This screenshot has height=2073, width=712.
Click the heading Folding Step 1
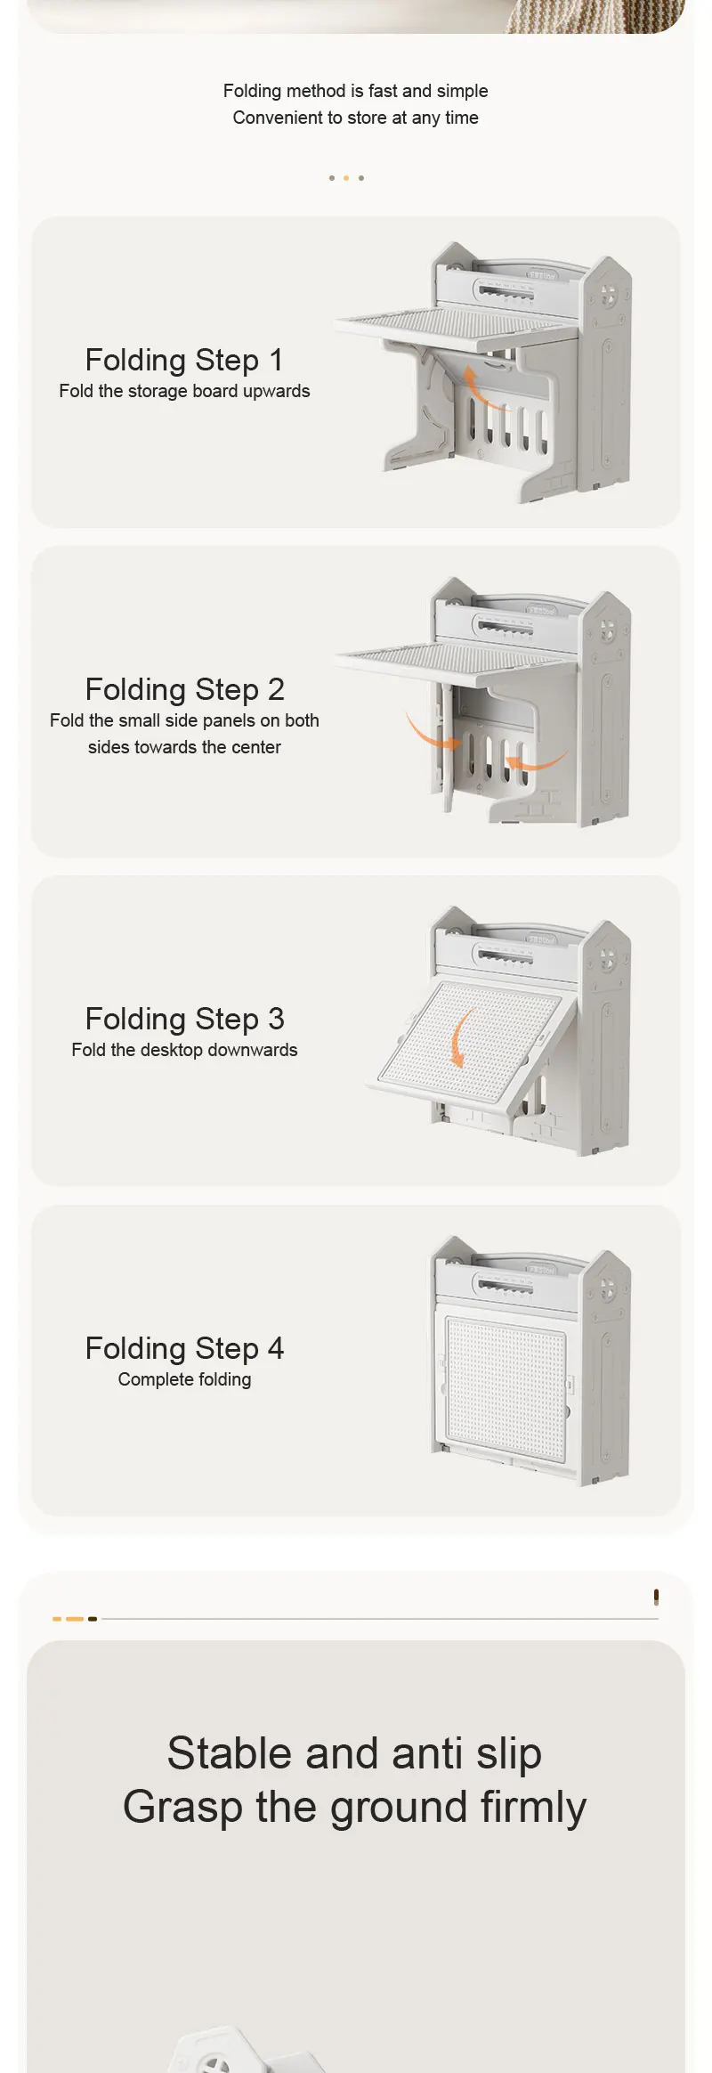point(184,360)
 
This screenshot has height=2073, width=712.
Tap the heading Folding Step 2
point(184,689)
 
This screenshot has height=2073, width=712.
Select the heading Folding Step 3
point(184,1019)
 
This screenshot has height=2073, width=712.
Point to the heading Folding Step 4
point(184,1348)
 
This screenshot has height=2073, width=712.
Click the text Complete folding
point(184,1379)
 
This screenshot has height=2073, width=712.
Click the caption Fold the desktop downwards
point(184,1050)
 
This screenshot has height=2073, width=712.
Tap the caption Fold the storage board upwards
point(184,391)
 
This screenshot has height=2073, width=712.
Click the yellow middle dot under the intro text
point(346,178)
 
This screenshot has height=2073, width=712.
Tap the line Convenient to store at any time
point(356,118)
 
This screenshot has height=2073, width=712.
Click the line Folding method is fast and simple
point(356,91)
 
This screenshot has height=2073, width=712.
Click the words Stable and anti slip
point(354,1753)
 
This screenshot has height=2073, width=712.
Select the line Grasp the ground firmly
point(354,1807)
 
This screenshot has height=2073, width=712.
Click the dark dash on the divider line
point(93,1619)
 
